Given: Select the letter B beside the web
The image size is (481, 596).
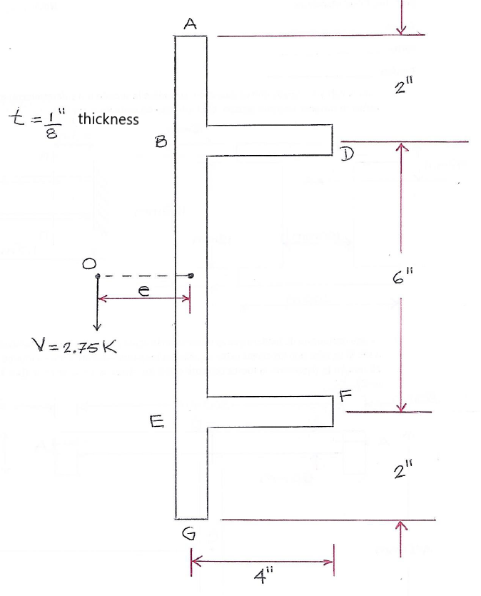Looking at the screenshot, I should coord(161,142).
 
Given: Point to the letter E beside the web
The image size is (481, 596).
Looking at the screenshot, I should coord(156,423).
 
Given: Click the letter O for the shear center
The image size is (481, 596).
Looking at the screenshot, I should coord(89,263).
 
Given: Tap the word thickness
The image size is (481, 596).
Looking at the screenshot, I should coord(108,119).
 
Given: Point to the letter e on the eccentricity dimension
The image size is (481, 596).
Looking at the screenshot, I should coord(143,287).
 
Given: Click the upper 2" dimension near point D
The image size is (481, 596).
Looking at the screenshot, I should coord(405,88).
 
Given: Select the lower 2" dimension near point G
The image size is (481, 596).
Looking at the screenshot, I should coord(403,471).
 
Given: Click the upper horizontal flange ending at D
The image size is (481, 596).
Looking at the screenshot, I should coord(270,139).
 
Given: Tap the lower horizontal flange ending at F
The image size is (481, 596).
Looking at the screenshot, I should coord(270,412).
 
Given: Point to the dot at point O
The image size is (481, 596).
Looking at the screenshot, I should coord(97,276).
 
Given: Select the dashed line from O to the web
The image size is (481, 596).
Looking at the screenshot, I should coord(143,276).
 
